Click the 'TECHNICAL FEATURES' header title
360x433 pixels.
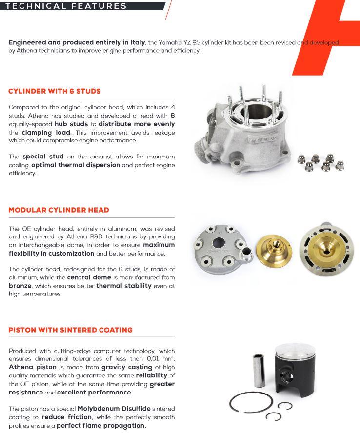pos(66,6)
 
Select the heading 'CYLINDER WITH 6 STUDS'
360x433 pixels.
pos(54,91)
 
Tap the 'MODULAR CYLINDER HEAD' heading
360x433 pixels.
pos(59,210)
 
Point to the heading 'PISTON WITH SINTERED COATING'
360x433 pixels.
pos(70,330)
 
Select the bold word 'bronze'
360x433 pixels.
pos(20,286)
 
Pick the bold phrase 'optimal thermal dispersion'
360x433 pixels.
pos(76,165)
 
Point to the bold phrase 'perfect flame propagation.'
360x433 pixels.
pos(101,425)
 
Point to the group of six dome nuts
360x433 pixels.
pos(321,163)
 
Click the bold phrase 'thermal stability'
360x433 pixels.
pos(124,286)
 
